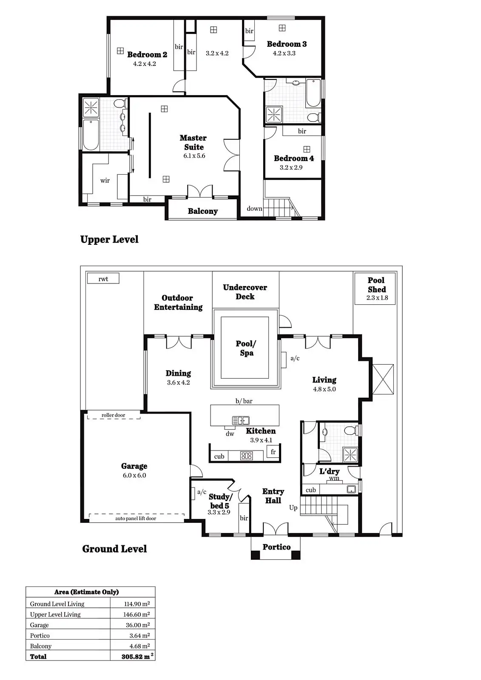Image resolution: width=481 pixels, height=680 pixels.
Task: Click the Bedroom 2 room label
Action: click(x=147, y=54)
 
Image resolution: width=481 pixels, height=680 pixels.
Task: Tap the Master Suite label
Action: click(x=193, y=142)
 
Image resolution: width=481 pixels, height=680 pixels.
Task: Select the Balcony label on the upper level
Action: click(x=203, y=211)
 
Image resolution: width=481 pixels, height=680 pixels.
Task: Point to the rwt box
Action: click(x=103, y=279)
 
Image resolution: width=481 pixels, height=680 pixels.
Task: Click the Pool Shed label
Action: click(x=376, y=285)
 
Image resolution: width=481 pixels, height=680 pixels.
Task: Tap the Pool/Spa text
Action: click(x=246, y=348)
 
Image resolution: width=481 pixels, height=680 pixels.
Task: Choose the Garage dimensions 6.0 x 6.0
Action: click(x=134, y=476)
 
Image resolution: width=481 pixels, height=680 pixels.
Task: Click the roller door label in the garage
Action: click(x=114, y=415)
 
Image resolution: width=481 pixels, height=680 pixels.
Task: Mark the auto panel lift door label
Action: click(x=136, y=518)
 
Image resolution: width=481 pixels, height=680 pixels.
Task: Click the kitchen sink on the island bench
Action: click(x=240, y=421)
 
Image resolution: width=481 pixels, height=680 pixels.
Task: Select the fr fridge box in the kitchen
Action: click(x=273, y=452)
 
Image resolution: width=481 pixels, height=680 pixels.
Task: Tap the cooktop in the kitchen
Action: click(x=247, y=456)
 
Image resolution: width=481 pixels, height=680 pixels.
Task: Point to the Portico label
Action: click(x=276, y=547)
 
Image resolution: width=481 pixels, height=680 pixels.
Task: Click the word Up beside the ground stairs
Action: click(x=293, y=507)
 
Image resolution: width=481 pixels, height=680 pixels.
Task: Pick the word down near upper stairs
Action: click(x=254, y=209)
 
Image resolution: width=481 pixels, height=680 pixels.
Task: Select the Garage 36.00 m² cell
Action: click(x=137, y=625)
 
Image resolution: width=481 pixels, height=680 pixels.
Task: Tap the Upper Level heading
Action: click(x=109, y=239)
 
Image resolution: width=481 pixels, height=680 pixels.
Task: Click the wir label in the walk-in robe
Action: click(x=105, y=181)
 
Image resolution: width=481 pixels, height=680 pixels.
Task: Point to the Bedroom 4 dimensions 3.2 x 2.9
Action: click(x=291, y=167)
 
